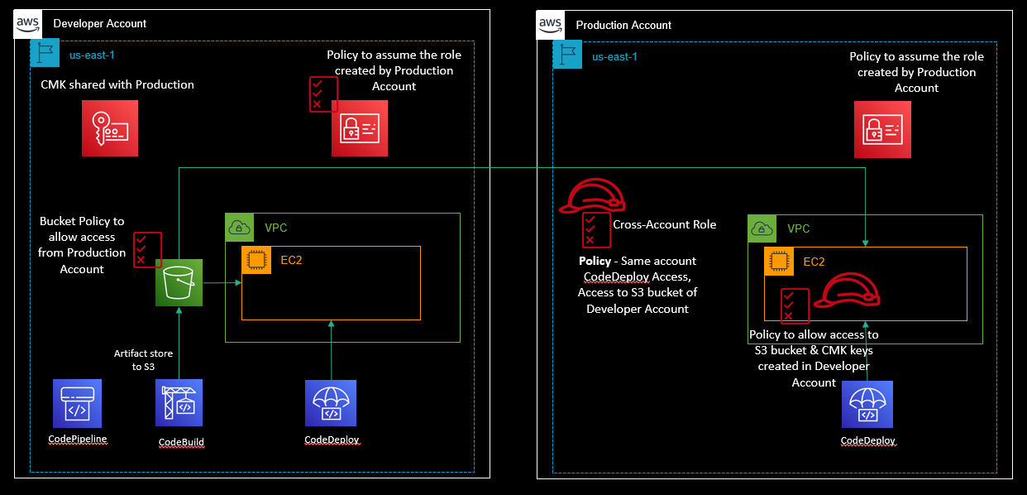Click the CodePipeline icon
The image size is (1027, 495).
(77, 404)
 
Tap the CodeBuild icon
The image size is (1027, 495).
(179, 404)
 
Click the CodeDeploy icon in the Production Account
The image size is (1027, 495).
(867, 405)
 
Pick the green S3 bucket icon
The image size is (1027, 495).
(179, 283)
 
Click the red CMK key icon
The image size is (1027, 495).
(110, 128)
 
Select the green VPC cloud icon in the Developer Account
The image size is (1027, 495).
(240, 228)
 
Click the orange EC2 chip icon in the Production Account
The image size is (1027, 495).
(778, 261)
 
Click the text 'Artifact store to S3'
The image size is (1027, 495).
(143, 359)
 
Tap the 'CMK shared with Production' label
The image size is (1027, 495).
(117, 84)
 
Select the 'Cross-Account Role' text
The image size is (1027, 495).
(664, 224)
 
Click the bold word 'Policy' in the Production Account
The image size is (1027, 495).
(594, 261)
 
